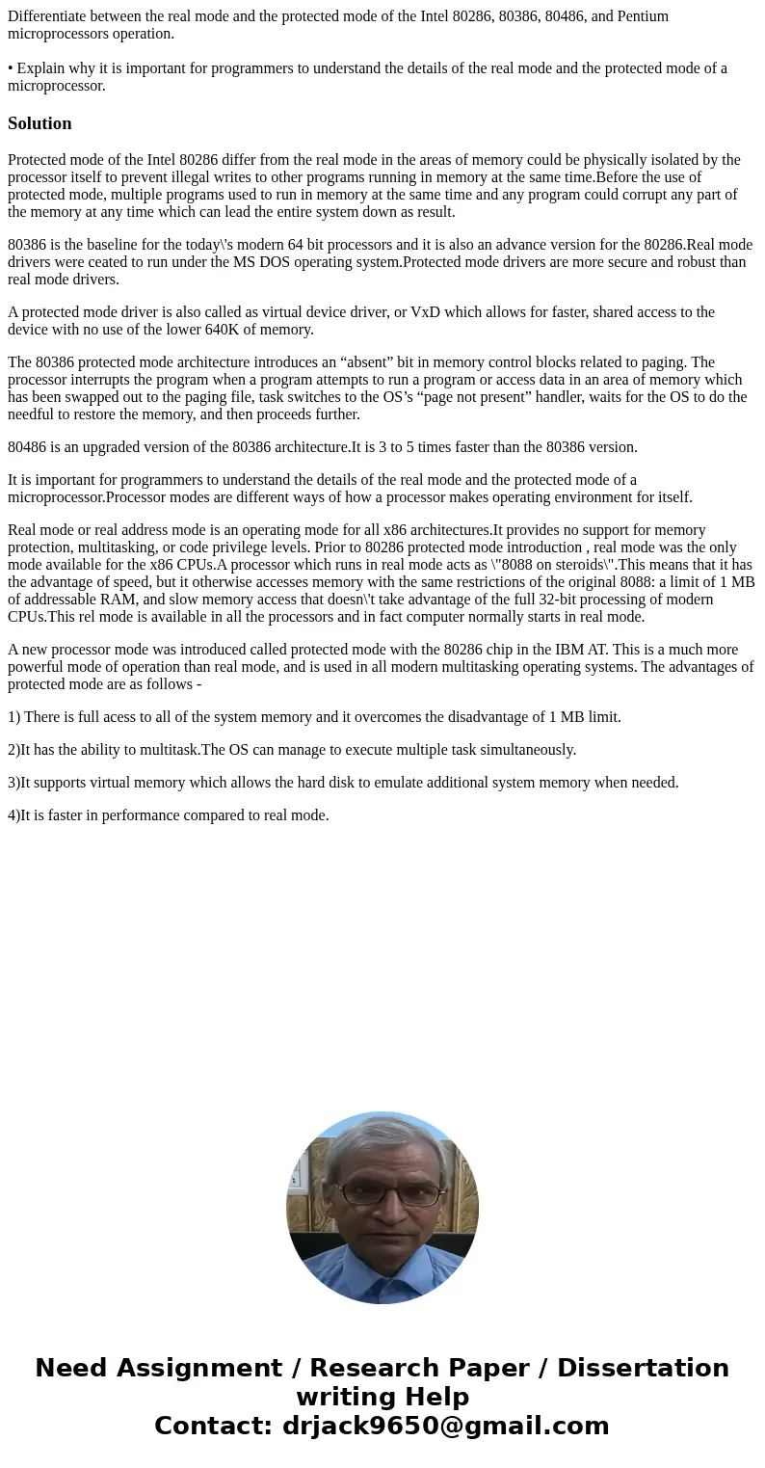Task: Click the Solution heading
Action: [40, 123]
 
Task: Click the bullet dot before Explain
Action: [11, 68]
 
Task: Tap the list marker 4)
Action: [13, 815]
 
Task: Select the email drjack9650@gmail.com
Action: [445, 1426]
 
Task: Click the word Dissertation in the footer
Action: [643, 1368]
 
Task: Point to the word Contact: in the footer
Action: [213, 1426]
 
